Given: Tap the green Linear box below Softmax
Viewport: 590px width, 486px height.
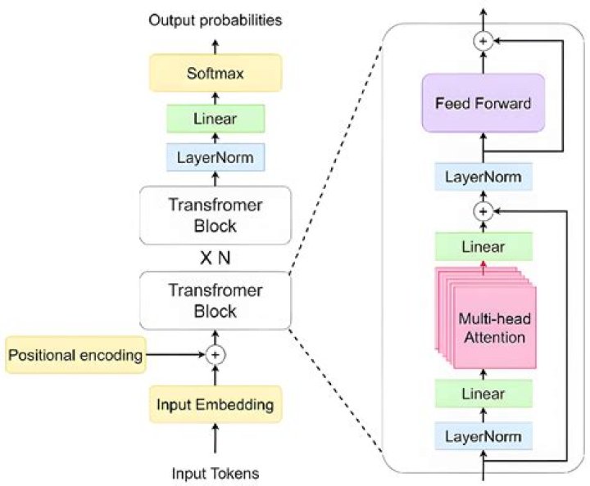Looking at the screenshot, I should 216,119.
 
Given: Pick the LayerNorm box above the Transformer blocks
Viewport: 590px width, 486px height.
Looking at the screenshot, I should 216,155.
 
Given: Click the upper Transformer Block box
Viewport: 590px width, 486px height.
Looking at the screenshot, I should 216,215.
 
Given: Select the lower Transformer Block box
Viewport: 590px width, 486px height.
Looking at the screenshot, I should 216,300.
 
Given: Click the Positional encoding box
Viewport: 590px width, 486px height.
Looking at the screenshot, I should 75,354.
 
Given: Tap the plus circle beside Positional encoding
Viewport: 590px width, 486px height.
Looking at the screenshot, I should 216,354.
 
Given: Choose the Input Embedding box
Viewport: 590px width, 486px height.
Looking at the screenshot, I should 216,403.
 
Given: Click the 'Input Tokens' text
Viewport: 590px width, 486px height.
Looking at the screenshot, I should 216,472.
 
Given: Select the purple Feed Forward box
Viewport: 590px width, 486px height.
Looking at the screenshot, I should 483,105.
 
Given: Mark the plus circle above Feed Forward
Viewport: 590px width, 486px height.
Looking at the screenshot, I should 483,39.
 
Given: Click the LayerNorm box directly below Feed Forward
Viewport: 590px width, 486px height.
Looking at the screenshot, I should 483,176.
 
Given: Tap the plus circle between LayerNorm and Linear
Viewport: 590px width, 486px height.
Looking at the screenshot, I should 483,211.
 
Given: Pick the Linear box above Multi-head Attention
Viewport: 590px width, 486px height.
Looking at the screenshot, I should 483,246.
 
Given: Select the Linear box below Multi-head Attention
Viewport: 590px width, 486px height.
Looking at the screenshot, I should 483,394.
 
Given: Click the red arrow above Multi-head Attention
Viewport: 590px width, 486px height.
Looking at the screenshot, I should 483,265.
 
